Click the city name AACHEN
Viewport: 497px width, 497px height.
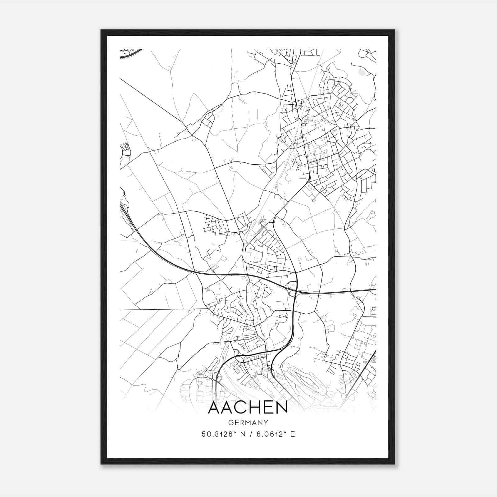(x=248, y=408)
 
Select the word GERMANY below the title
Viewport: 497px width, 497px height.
(x=248, y=422)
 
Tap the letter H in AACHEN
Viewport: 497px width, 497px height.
(x=254, y=408)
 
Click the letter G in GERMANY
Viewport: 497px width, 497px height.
(x=230, y=422)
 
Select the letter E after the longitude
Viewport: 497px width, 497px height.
(x=292, y=434)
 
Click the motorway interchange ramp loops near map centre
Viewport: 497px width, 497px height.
(x=292, y=285)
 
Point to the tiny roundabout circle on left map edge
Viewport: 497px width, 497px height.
(x=124, y=195)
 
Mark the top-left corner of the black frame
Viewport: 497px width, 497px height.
(x=101, y=30)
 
